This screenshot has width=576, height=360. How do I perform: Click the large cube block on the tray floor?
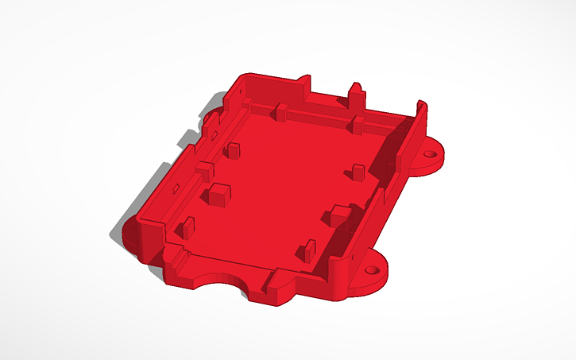click(x=218, y=194)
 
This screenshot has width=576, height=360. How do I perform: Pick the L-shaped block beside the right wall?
click(x=340, y=215)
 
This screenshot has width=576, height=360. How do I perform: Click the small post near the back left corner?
click(x=234, y=149)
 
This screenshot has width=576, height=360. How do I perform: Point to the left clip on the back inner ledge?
click(x=280, y=111)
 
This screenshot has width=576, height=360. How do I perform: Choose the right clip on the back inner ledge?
click(x=358, y=124)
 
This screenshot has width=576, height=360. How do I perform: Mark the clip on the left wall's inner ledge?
click(x=205, y=168)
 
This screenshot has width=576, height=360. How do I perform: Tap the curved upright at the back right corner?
click(x=419, y=111)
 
